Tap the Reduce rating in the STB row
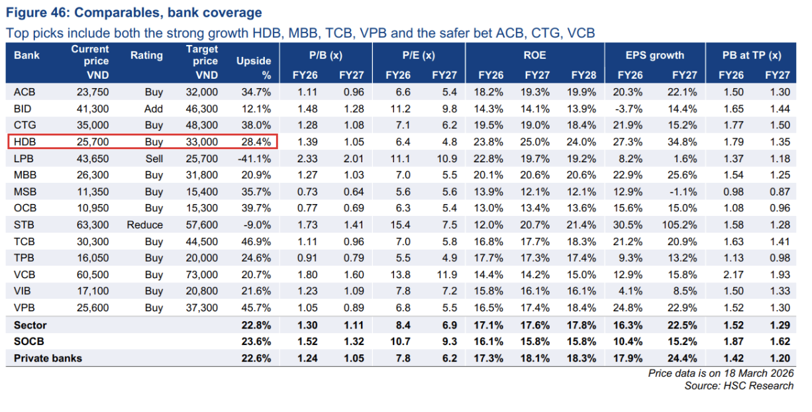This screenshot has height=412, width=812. (x=145, y=225)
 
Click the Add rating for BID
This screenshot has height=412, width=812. (x=154, y=109)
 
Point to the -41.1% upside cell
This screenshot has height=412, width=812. (x=255, y=158)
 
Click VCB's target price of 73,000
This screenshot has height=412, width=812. (x=201, y=274)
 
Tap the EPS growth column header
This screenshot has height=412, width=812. (x=654, y=56)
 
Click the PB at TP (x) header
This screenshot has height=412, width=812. (x=752, y=56)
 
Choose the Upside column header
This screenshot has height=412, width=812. (x=254, y=62)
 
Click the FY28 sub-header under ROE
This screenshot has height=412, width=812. (x=583, y=76)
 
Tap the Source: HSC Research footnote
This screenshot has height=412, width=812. (x=738, y=386)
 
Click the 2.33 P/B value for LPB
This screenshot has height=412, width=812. (x=308, y=158)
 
